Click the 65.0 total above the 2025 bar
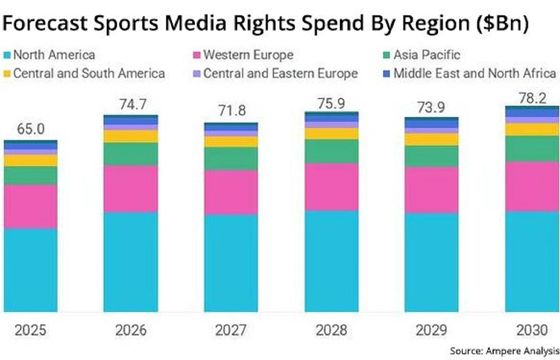[32, 128]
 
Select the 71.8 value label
[230, 112]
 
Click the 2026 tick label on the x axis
[131, 329]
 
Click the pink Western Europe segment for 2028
[330, 186]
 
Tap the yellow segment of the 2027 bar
[230, 140]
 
